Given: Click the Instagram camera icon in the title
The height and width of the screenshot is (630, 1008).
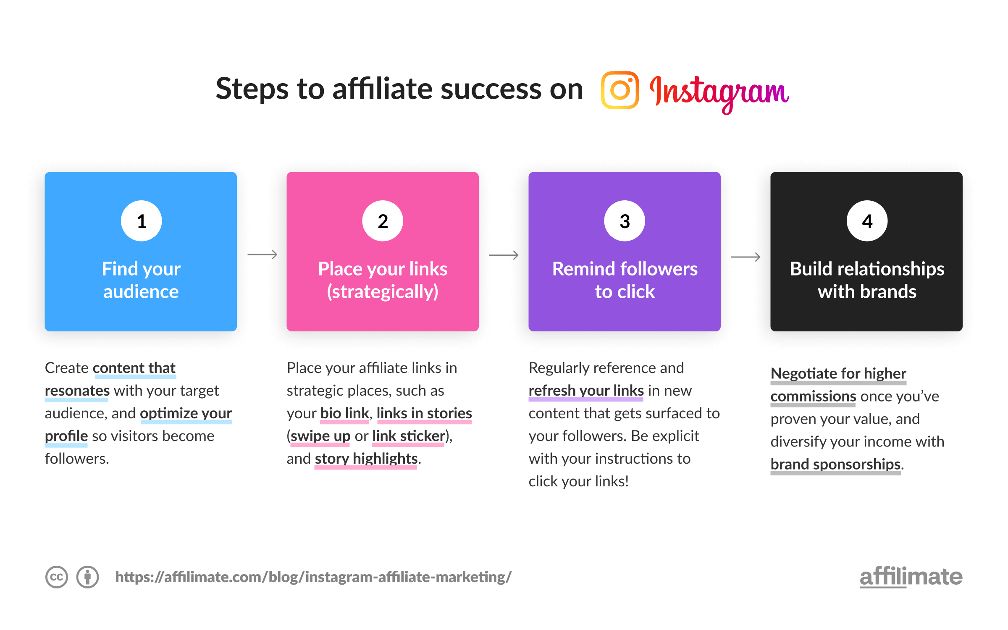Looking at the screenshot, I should point(620,90).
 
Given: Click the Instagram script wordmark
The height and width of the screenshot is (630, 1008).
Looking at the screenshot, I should point(719,92).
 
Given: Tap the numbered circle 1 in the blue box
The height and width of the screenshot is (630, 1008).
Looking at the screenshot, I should point(142,221).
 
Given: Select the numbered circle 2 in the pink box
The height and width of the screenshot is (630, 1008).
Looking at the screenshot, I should point(383,221).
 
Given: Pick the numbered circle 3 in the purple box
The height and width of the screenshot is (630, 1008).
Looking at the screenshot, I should point(625,221).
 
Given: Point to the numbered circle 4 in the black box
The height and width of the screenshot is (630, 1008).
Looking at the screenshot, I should point(867,221).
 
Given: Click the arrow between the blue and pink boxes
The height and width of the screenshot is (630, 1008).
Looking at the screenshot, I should point(262,255).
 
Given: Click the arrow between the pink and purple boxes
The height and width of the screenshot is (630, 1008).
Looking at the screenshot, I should point(504,255).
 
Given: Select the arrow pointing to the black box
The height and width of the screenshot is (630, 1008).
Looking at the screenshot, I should point(745,257).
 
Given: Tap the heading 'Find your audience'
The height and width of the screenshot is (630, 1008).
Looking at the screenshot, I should point(141,280).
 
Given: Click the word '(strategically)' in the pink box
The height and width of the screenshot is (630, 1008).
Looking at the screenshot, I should point(383,291).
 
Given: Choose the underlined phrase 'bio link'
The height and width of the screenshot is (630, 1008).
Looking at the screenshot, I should point(344,413).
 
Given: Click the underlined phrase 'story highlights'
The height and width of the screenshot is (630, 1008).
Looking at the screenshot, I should point(366,459).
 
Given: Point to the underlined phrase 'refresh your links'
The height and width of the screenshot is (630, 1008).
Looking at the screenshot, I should point(586,391).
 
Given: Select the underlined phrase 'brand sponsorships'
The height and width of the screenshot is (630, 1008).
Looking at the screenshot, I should point(835,464).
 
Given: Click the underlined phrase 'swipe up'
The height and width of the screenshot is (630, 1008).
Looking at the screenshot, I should point(320,436).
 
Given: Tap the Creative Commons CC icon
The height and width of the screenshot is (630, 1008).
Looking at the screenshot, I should point(57,577).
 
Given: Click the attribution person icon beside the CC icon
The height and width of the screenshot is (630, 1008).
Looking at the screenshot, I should point(88,577).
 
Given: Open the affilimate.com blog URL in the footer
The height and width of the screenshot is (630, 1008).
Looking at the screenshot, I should point(313,577).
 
